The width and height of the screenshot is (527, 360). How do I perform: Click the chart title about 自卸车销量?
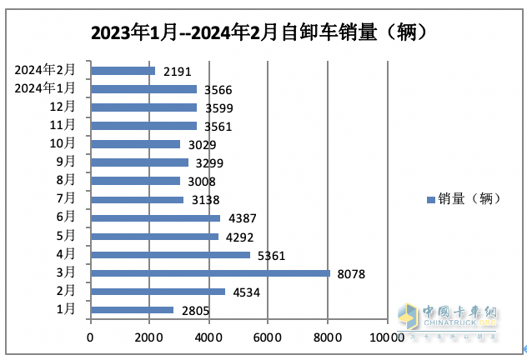point(263,33)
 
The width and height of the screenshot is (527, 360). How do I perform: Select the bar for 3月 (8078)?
point(210,272)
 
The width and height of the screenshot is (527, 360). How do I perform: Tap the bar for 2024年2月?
point(123,71)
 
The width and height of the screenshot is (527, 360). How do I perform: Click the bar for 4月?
point(170,254)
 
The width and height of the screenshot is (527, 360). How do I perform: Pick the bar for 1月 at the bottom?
point(132,310)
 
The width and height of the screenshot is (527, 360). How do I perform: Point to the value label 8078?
point(350,273)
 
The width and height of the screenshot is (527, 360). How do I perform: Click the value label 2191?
point(176,72)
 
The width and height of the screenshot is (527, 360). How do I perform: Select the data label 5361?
point(270,255)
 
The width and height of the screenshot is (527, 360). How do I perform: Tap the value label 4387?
point(241,218)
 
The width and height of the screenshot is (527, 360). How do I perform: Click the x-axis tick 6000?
point(269,337)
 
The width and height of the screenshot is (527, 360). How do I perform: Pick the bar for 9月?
point(139,162)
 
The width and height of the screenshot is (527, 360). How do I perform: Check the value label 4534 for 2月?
point(246,292)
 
